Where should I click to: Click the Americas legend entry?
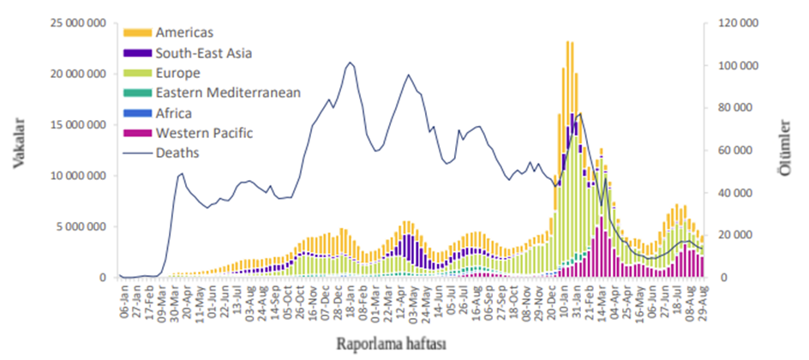185,33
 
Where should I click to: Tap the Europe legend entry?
177,73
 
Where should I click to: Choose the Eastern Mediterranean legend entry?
227,93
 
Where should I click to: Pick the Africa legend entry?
174,112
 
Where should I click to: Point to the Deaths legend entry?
177,153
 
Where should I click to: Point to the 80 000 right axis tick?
737,108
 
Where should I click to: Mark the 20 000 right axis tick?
737,236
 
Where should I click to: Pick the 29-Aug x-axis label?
702,301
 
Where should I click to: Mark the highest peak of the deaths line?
350,63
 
